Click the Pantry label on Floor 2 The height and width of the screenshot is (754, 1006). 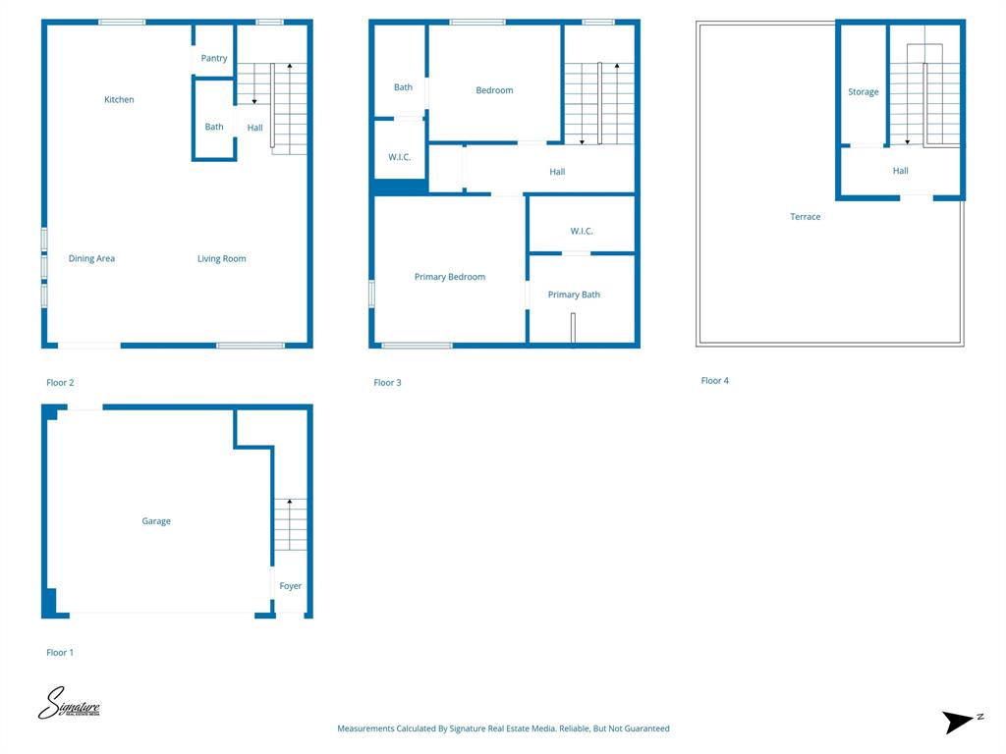(214, 59)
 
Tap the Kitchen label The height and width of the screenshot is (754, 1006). (119, 100)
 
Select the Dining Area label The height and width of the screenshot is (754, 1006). (91, 259)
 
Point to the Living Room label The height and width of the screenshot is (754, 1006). (222, 259)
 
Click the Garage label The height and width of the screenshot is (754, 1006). (156, 521)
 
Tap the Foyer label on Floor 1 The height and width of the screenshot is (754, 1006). (291, 586)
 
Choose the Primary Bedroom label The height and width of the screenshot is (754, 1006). (450, 277)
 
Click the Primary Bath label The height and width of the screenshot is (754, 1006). (574, 295)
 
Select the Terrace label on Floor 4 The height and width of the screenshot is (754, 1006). (806, 217)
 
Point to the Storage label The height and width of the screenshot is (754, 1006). (864, 92)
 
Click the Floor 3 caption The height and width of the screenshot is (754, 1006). (387, 383)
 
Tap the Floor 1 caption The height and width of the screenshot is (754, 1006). (60, 653)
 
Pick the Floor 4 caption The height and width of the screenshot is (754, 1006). (715, 381)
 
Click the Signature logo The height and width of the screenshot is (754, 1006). (69, 704)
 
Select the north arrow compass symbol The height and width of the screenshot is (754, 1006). (960, 723)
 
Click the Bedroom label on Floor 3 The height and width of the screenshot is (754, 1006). (494, 90)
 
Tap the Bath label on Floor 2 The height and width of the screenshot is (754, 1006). (214, 127)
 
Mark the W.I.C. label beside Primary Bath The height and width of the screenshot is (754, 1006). (582, 232)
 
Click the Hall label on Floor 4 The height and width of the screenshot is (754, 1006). (901, 171)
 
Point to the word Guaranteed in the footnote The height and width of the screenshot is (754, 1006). (646, 728)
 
